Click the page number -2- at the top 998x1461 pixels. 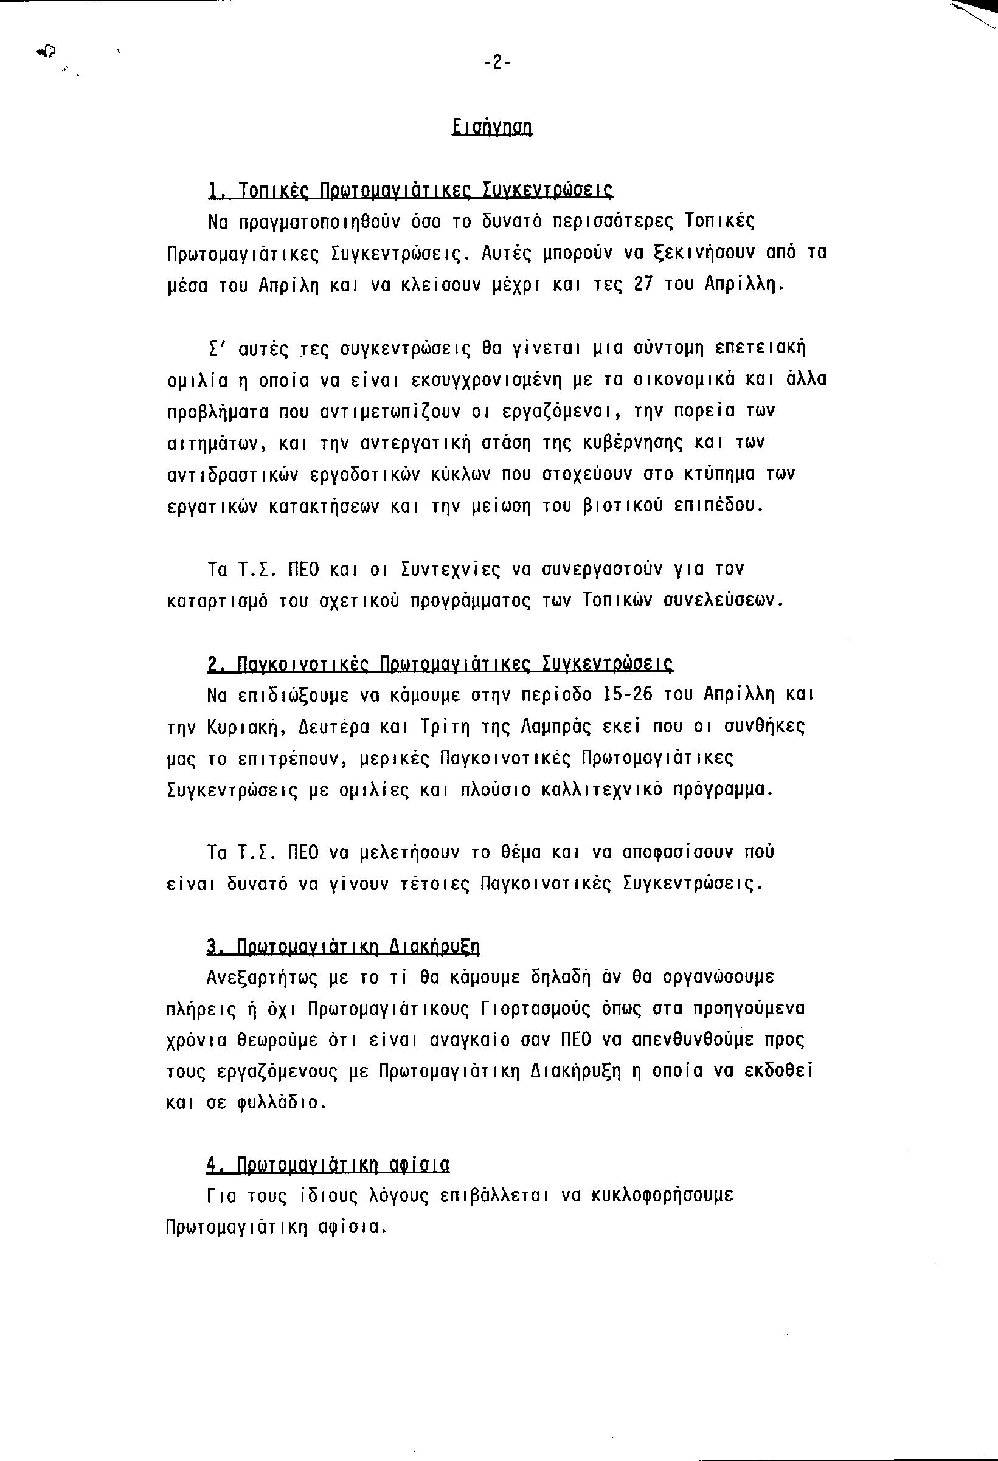(x=496, y=63)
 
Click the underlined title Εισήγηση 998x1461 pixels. (x=492, y=128)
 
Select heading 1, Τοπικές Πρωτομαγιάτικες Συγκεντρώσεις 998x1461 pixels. (x=410, y=190)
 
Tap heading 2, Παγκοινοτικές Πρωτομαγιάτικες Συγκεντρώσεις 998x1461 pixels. (x=440, y=664)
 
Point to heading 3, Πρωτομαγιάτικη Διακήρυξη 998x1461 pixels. (x=344, y=947)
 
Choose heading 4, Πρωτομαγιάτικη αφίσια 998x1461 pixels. (x=328, y=1166)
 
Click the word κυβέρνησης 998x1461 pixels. (x=620, y=443)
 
